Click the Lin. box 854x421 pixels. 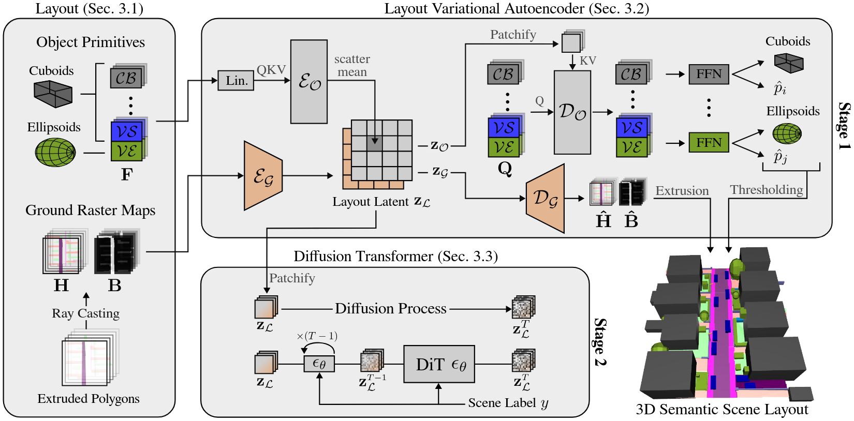(236, 81)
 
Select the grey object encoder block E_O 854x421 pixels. (309, 82)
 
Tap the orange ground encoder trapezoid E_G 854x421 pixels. (263, 176)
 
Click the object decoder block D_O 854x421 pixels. (572, 112)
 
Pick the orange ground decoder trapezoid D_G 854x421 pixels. (545, 199)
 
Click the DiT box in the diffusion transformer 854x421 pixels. (439, 365)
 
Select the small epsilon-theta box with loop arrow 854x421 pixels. (319, 364)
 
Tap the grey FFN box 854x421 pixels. (709, 74)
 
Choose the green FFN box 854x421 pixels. (709, 142)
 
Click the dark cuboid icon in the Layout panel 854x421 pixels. (53, 95)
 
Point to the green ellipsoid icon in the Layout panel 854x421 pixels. (55, 152)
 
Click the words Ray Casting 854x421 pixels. (85, 313)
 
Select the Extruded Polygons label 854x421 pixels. (89, 399)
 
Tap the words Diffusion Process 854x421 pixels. (390, 309)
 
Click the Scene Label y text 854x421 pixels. (508, 403)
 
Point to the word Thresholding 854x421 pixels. (766, 190)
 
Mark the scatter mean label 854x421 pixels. (352, 66)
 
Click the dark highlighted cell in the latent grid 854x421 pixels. (375, 143)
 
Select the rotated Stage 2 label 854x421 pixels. (600, 342)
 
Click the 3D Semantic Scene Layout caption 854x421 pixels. (722, 410)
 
